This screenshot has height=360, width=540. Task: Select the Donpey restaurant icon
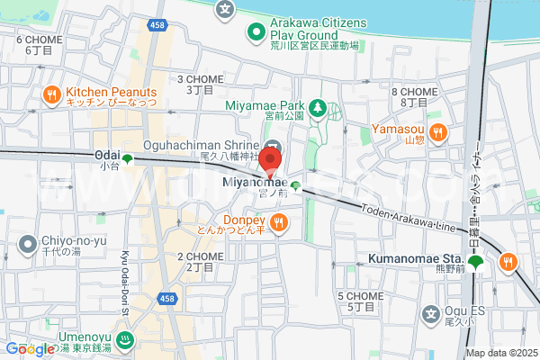280,222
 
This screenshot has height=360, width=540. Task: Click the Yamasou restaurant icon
437,133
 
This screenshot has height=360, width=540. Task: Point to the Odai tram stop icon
128,160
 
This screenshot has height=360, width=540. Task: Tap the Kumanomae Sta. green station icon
475,263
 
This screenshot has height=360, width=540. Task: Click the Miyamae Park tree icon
317,110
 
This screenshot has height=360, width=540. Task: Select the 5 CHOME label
360,296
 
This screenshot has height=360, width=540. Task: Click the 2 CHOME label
200,256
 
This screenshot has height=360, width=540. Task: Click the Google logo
30,349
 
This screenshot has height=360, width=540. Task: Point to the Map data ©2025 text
500,353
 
